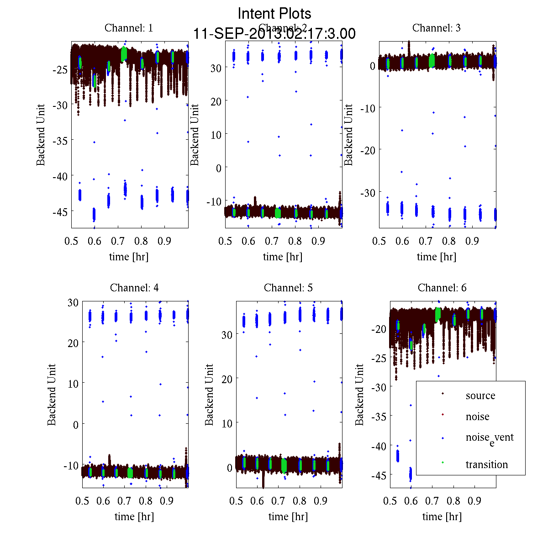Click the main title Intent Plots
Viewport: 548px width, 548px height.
(x=274, y=14)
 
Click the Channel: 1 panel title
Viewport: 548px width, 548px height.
(x=129, y=28)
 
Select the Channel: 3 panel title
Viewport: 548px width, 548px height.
(x=436, y=28)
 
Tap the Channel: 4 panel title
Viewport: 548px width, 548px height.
(x=134, y=288)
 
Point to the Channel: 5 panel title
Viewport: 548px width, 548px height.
(x=288, y=288)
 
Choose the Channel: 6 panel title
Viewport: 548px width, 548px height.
(x=442, y=288)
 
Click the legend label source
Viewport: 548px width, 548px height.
(x=480, y=395)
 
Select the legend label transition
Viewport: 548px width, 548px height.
(x=486, y=464)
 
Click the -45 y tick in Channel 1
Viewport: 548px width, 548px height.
(x=60, y=211)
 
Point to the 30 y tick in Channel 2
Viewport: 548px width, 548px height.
(x=216, y=68)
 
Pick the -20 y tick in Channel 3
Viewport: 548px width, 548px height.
(x=368, y=150)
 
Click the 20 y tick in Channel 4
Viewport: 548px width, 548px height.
(x=73, y=342)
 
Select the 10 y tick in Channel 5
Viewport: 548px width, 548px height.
(x=227, y=423)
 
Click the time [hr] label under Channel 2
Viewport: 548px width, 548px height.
(x=282, y=257)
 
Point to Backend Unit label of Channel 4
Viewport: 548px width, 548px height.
(x=52, y=395)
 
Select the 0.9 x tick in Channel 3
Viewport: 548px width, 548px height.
(x=473, y=241)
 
